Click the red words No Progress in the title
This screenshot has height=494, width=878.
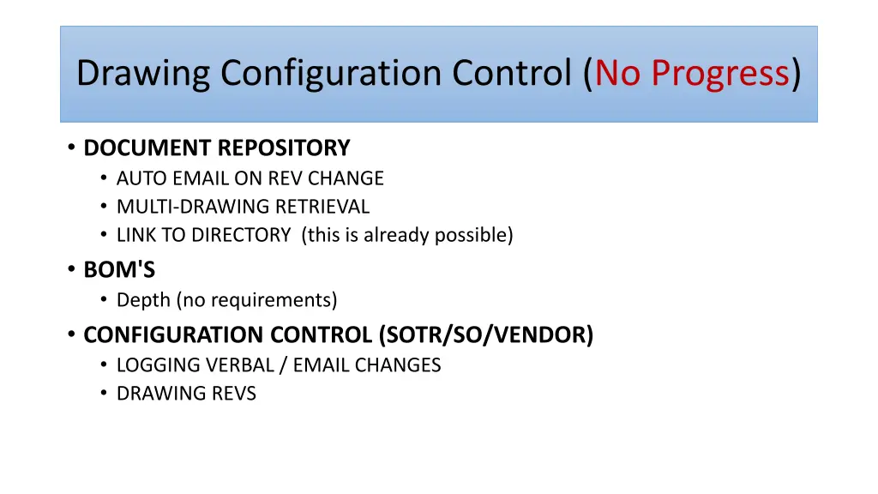tap(692, 74)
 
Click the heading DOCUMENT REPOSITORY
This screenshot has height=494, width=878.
tap(217, 148)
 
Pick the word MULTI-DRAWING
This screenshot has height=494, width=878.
tap(193, 207)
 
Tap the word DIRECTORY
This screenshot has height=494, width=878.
tap(241, 235)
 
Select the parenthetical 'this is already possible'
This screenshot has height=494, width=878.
tap(407, 235)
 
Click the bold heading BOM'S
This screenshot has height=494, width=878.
tap(119, 270)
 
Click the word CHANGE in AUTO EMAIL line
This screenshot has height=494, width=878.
tap(346, 178)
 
